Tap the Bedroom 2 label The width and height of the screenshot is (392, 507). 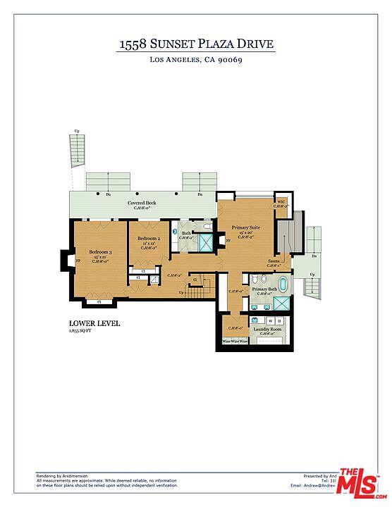click(148, 239)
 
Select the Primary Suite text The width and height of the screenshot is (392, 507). click(245, 227)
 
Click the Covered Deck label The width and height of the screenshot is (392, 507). click(141, 203)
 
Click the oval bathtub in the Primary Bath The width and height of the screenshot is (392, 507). click(283, 285)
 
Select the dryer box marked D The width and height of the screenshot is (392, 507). click(279, 321)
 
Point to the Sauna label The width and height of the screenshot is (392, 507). click(273, 261)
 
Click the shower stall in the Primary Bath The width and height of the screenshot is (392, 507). click(281, 303)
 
